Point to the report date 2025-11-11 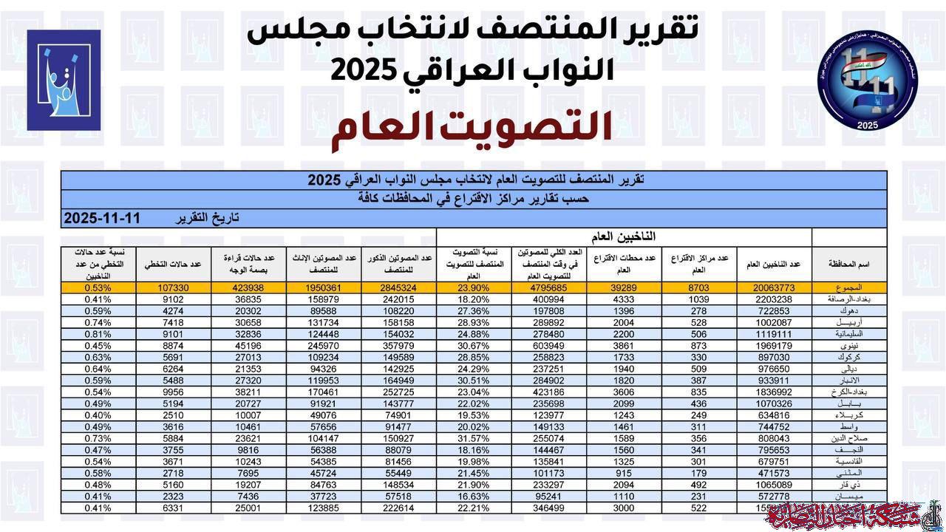(x=101, y=219)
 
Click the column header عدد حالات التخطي (x=174, y=265)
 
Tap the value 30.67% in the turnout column (x=474, y=345)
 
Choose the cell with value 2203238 (x=775, y=299)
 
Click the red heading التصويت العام (x=472, y=126)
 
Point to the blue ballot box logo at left (x=64, y=80)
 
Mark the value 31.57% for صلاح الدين (x=474, y=437)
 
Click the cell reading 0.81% (x=98, y=334)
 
